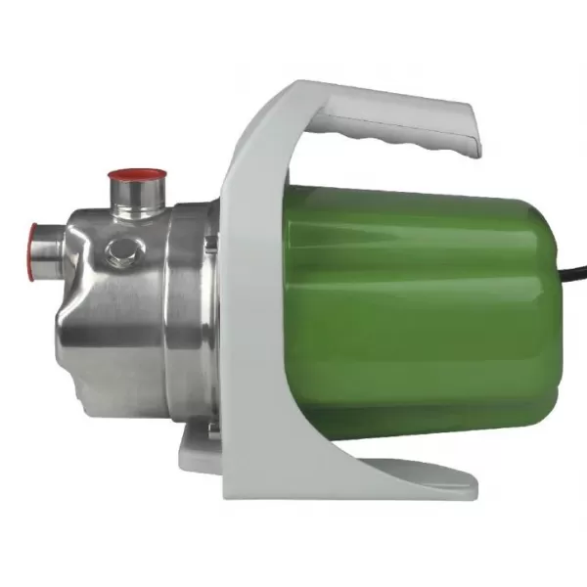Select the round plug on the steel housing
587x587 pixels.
pos(120,253)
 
